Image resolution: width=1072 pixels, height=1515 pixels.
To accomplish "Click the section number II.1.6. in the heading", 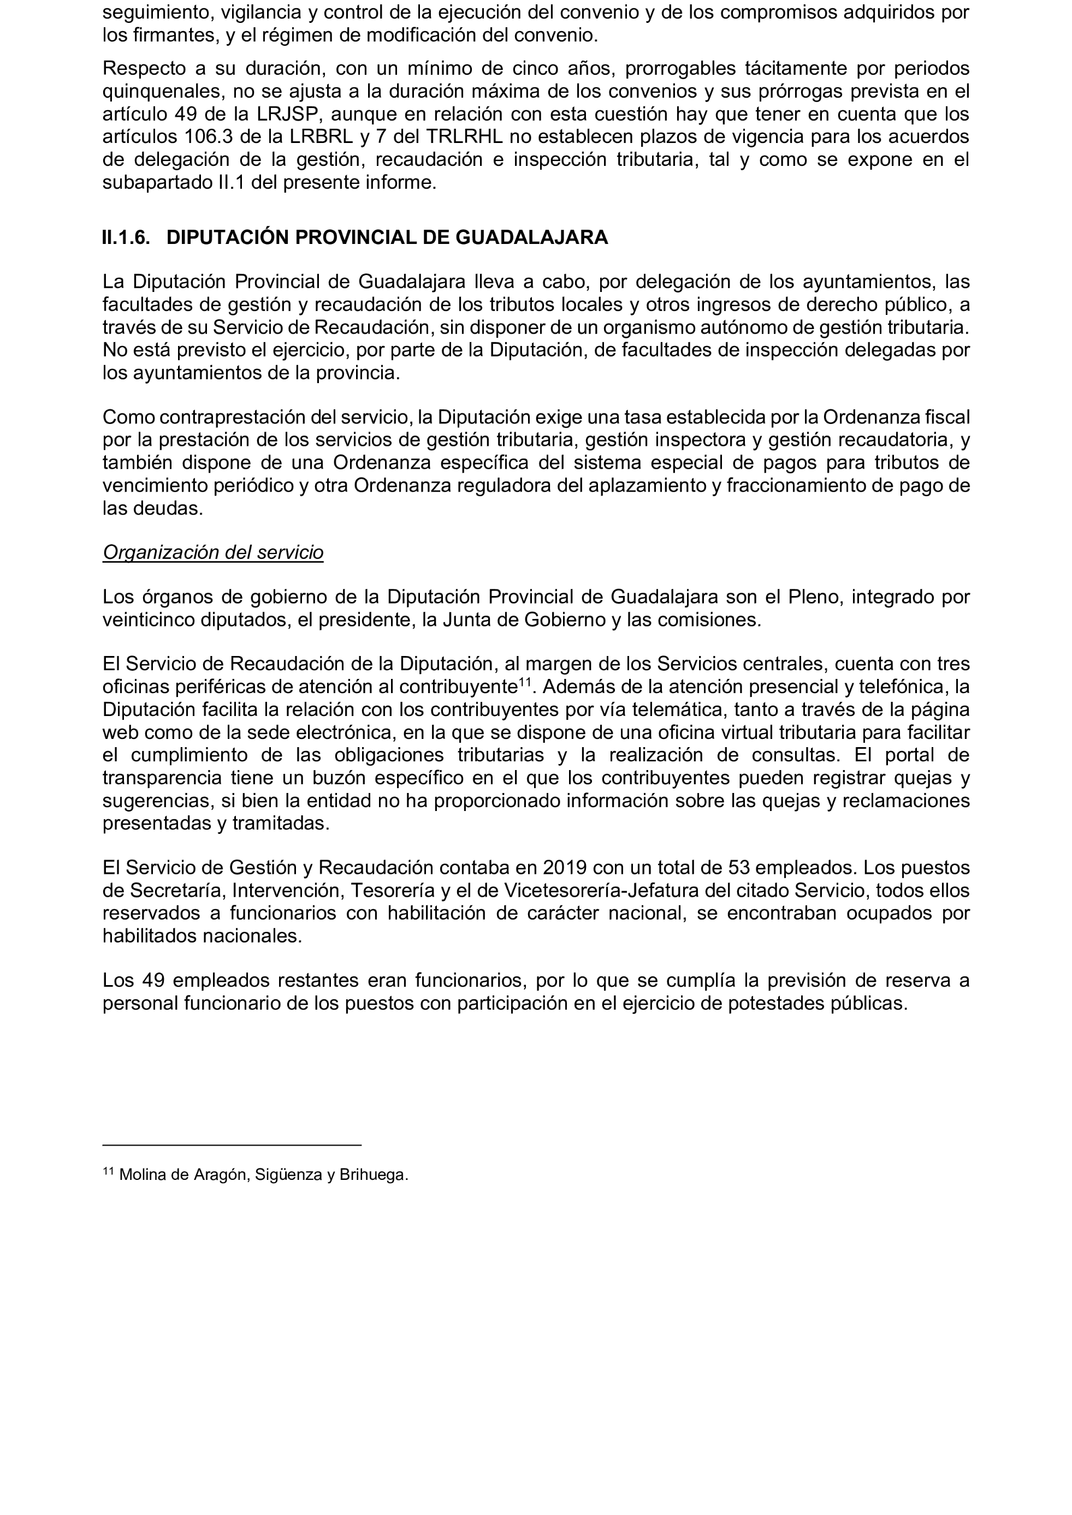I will (126, 237).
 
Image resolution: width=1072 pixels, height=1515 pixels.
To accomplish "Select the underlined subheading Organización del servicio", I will (212, 552).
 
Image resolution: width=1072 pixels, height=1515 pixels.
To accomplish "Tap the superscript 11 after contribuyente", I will (525, 682).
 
